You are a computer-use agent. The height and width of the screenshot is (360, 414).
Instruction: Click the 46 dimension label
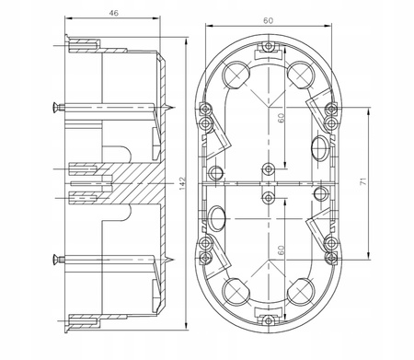114,13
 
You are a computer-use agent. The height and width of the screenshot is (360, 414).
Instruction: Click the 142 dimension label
182,183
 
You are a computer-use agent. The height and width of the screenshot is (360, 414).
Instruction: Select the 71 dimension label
363,181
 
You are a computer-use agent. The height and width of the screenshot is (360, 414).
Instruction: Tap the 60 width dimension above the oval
268,20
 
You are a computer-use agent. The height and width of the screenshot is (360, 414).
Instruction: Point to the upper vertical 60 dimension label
281,118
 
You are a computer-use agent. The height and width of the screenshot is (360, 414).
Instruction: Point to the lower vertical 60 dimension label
281,250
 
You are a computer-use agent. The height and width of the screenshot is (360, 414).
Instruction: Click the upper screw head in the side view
55,108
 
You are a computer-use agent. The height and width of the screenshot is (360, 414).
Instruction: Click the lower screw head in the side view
55,260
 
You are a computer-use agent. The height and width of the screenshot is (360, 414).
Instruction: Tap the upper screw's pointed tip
175,108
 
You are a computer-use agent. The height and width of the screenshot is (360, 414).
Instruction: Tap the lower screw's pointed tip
174,260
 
